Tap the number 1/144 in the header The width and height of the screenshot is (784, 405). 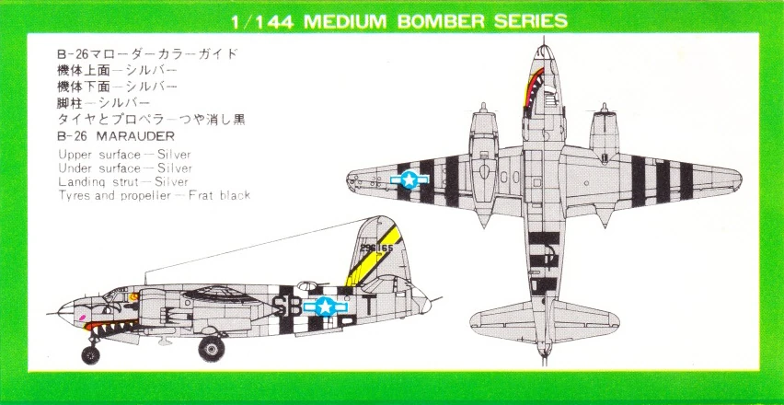tap(261, 21)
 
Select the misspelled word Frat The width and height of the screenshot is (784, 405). tap(200, 195)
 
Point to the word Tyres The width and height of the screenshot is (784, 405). tap(74, 195)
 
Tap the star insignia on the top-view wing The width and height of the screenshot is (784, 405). tap(409, 179)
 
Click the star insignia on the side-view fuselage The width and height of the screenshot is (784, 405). tap(326, 306)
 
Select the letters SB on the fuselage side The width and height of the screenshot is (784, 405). tap(287, 306)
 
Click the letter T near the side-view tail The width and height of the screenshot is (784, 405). tap(368, 306)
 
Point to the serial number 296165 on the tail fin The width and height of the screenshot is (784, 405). tap(376, 248)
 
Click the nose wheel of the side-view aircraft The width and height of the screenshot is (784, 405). tap(90, 354)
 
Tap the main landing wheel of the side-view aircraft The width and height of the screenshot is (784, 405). tap(212, 349)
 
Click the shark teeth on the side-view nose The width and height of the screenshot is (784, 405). tap(111, 327)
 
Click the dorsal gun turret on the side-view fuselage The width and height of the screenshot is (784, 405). tap(308, 285)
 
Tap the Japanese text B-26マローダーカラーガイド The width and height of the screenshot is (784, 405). tap(148, 53)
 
